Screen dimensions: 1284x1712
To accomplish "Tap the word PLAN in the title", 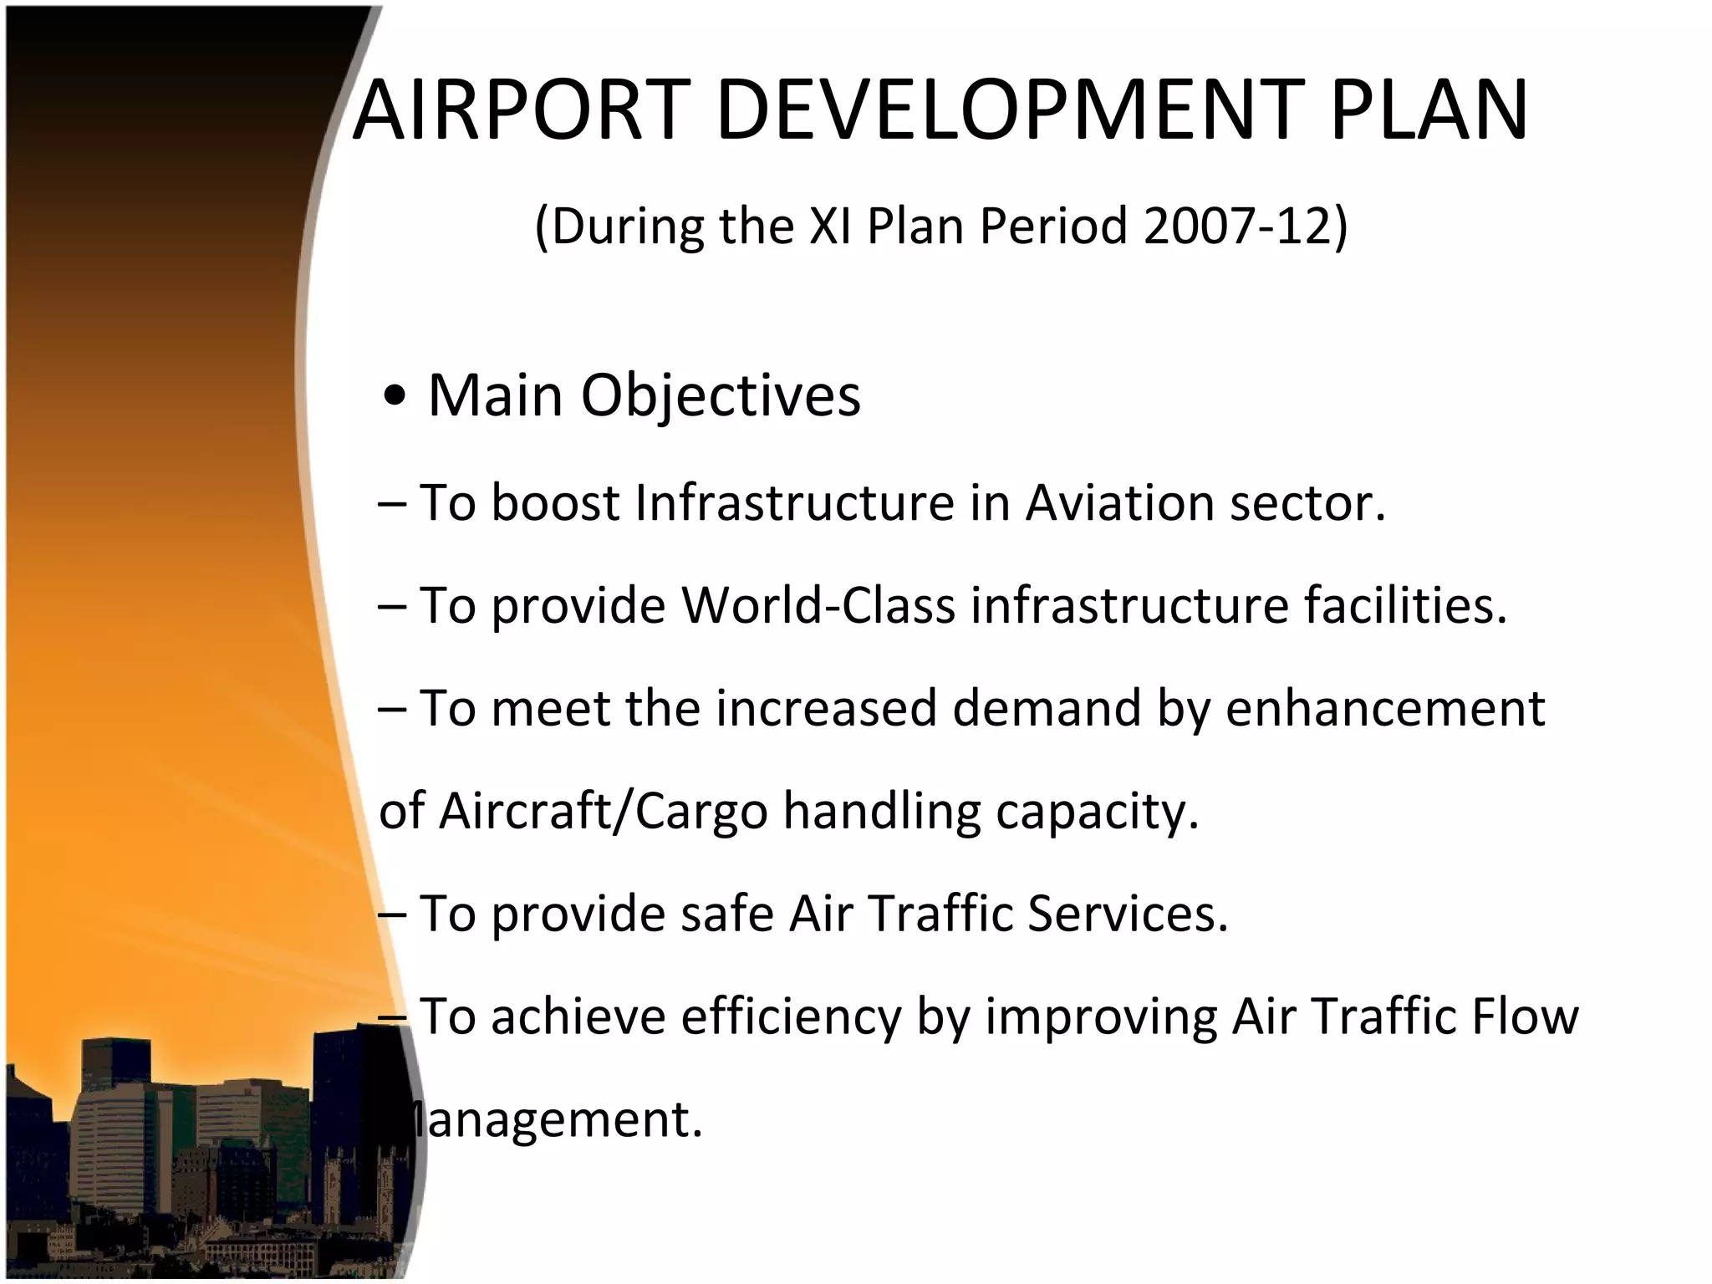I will point(1429,110).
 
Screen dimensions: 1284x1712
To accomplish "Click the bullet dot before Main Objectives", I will point(394,398).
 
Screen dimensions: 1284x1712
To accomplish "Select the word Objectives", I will point(720,396).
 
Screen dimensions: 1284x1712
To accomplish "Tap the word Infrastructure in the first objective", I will point(794,503).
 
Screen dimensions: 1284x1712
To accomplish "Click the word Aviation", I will point(1120,503).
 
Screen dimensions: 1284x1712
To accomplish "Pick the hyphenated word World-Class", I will point(818,605).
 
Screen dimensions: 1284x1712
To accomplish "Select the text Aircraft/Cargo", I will point(603,812).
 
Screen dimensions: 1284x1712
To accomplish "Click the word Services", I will point(1128,914).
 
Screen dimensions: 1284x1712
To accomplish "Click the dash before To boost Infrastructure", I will point(392,505).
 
